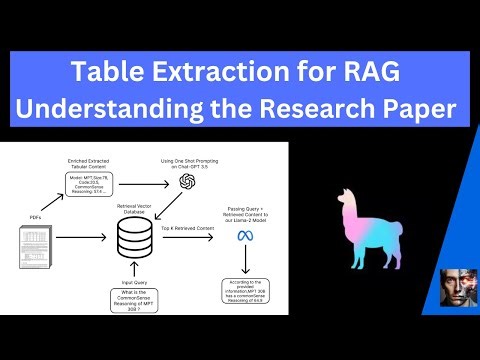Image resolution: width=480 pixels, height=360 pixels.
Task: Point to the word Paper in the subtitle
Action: coord(411,108)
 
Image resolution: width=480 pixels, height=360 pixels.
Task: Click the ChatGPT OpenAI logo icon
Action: coord(186,182)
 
